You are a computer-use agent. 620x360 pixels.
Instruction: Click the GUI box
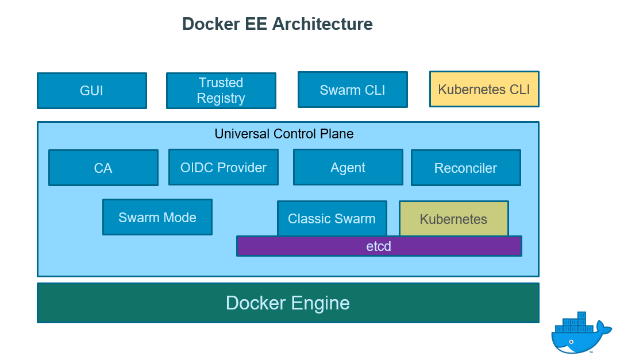pos(92,91)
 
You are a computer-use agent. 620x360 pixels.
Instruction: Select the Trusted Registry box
pos(221,91)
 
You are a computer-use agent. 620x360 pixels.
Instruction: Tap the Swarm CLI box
pos(352,90)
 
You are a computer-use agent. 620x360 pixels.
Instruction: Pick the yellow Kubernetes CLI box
pos(484,89)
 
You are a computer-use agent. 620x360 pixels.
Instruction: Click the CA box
pos(103,168)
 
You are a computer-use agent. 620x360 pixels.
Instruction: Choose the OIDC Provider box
pos(224,167)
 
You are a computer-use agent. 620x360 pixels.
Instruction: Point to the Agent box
pos(348,167)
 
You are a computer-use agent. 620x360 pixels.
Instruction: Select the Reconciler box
pos(465,168)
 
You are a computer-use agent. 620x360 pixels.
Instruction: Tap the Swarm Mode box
pos(157,217)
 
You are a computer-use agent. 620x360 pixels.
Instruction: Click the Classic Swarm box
pos(332,218)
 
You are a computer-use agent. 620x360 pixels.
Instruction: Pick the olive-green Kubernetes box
pos(453,219)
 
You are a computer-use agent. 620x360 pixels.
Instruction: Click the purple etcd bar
pos(379,246)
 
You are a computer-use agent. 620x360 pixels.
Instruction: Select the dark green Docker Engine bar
pos(288,303)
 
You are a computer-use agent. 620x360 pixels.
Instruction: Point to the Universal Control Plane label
pos(284,134)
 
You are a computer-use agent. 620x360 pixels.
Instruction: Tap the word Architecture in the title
pos(322,24)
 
